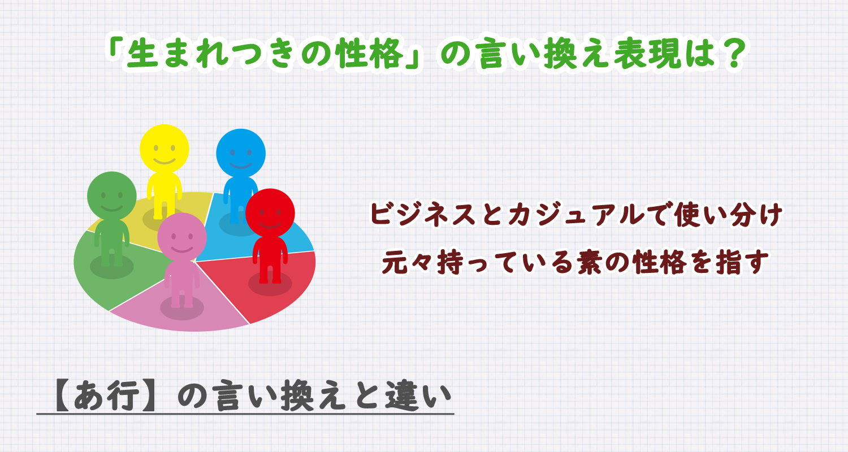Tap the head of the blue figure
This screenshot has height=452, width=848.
click(x=241, y=153)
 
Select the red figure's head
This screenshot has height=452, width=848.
click(x=270, y=213)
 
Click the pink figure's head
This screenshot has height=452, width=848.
click(x=181, y=237)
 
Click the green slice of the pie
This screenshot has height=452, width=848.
click(x=96, y=277)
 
